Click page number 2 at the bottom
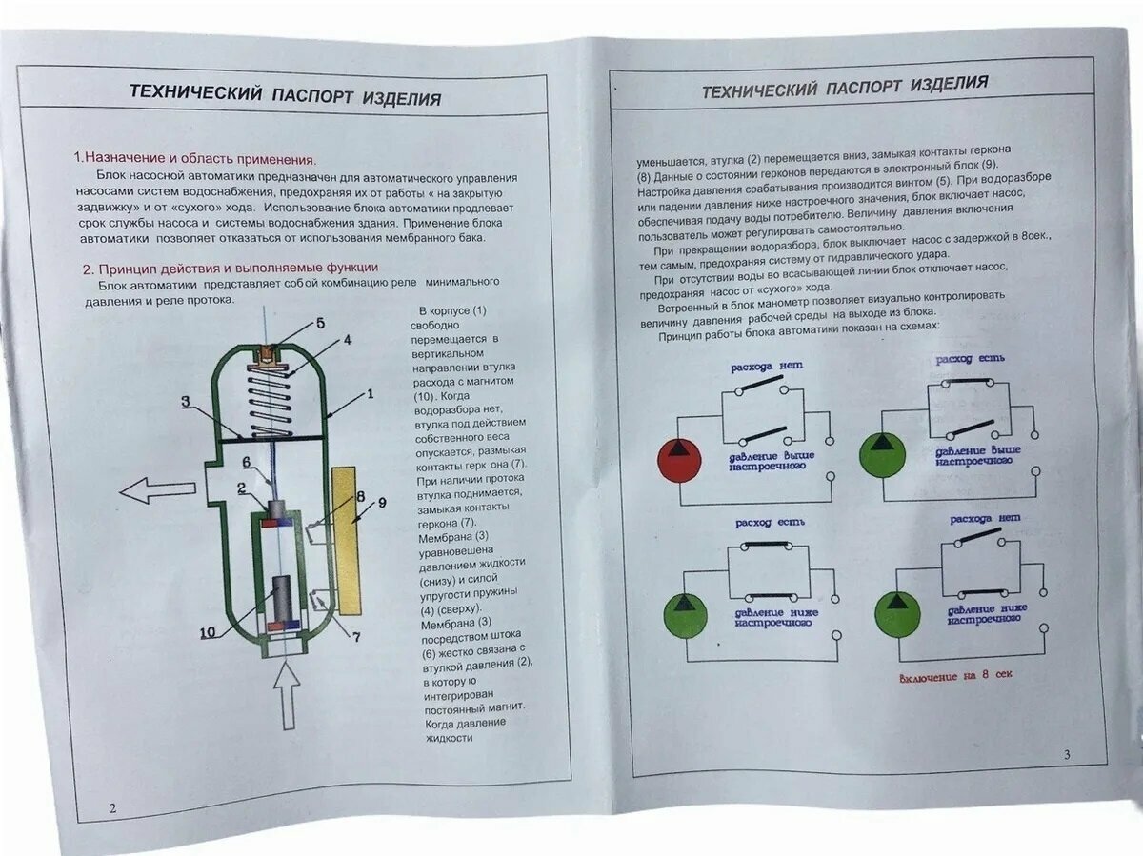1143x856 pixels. [x=112, y=808]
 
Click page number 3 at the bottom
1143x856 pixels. [x=1067, y=754]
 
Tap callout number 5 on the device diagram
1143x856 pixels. [x=320, y=324]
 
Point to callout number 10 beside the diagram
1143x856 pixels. [x=209, y=631]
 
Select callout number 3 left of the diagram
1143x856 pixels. [x=188, y=403]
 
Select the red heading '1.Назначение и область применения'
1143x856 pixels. [x=194, y=159]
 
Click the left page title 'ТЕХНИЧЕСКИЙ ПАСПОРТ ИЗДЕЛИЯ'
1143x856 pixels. [x=285, y=95]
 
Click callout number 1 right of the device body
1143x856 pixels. [x=370, y=392]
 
